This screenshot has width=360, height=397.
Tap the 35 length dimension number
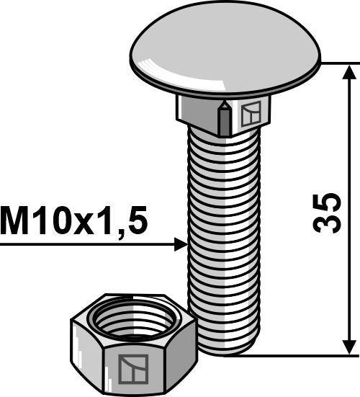pyautogui.click(x=328, y=212)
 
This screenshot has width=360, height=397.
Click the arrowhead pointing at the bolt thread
pyautogui.click(x=181, y=245)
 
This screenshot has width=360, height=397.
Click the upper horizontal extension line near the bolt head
pyautogui.click(x=338, y=63)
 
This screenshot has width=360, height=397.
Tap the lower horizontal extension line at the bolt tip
pyautogui.click(x=302, y=354)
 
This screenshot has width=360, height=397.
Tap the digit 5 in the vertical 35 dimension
pyautogui.click(x=328, y=200)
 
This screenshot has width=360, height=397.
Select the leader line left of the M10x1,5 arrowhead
pyautogui.click(x=86, y=245)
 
